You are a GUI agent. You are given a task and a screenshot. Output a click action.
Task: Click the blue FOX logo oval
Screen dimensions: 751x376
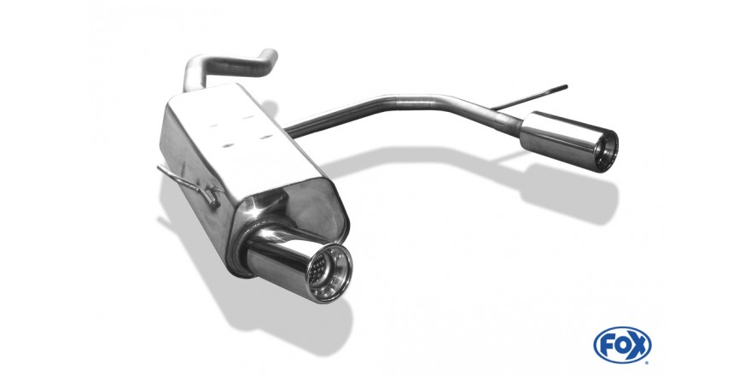(x=622, y=345)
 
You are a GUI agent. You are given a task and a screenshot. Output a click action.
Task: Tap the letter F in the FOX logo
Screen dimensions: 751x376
(x=608, y=345)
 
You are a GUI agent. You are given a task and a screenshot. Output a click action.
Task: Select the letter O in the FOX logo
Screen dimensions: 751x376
(x=622, y=345)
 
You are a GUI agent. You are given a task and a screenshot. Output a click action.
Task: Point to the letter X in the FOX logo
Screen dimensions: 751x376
(x=638, y=345)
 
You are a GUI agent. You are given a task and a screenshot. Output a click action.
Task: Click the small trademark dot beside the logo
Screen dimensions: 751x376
(x=648, y=361)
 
